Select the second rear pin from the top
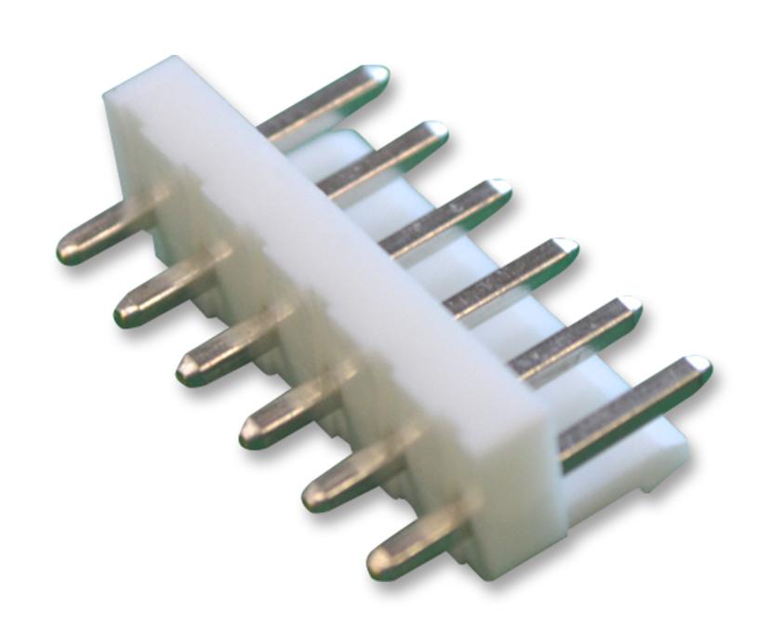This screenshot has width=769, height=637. coord(391,153)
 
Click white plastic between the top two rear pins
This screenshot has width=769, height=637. coord(335,149)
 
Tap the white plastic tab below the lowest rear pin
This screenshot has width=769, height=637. coord(651,465)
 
